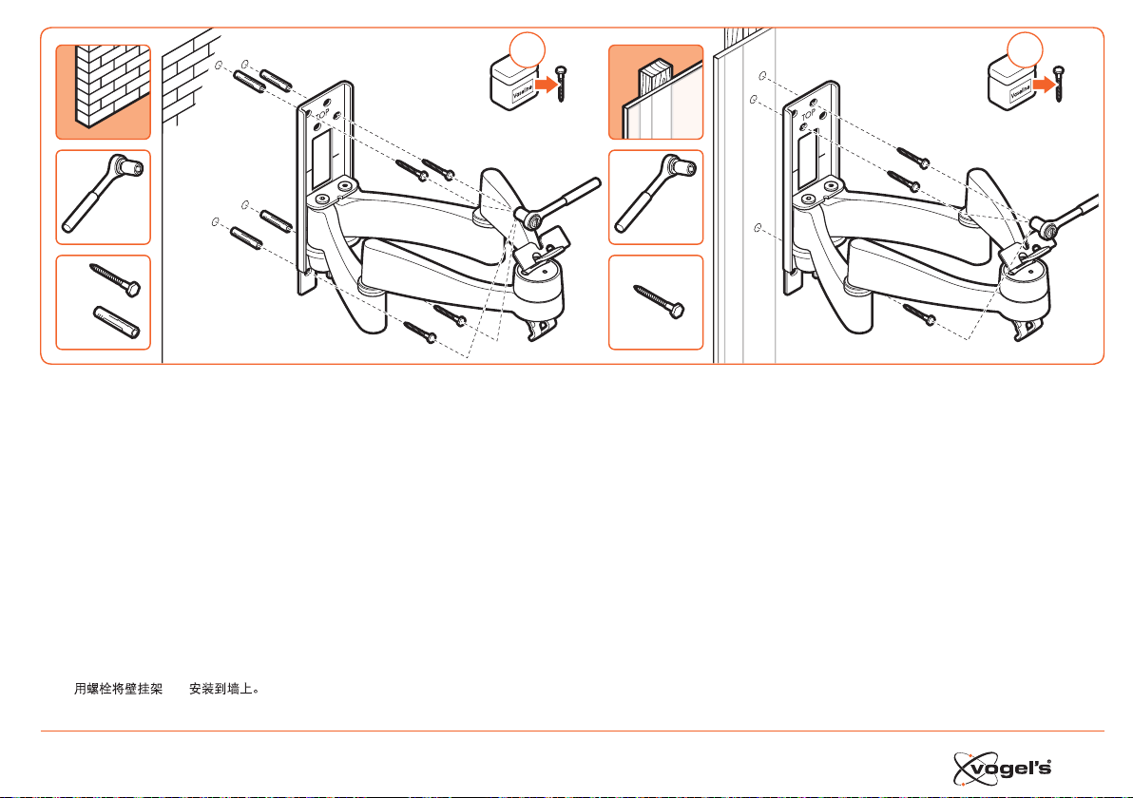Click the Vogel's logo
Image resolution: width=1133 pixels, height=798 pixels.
coord(1002,769)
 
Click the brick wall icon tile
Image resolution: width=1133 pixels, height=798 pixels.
coord(104,92)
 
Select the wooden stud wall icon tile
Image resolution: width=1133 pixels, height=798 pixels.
coord(656,92)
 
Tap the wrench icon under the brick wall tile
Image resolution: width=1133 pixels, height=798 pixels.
coord(104,194)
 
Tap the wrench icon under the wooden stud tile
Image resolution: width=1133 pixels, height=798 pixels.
coord(656,194)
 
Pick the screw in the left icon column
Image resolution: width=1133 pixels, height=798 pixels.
coord(115,279)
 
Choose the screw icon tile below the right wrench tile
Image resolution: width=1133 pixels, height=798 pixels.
coord(656,303)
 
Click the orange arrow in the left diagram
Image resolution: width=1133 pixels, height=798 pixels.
coord(547,85)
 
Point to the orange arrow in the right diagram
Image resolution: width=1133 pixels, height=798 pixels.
coord(1045,85)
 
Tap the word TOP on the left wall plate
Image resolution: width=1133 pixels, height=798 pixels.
coord(322,114)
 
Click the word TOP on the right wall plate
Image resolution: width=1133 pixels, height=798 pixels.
coord(808,114)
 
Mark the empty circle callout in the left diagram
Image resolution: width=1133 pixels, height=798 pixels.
coord(528,49)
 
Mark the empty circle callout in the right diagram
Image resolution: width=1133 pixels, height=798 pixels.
coord(1026,49)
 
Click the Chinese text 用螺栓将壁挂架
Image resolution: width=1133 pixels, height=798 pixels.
coord(119,689)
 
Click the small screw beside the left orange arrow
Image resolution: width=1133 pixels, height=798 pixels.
coord(562,83)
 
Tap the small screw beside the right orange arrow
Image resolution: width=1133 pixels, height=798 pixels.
coord(1059,83)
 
